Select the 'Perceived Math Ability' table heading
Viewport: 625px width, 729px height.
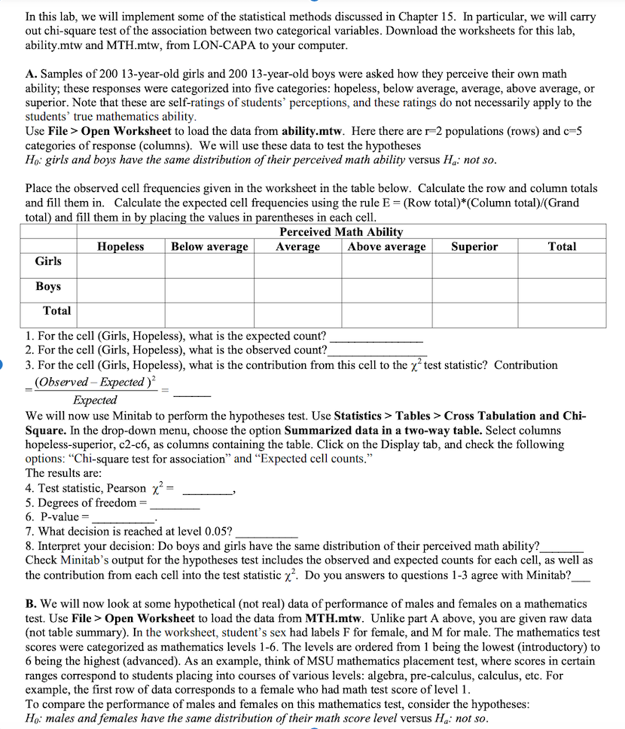coord(340,232)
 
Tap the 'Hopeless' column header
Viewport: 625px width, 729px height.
coord(120,247)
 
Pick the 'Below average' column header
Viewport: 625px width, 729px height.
coord(209,247)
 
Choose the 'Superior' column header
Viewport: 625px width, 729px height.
coord(474,247)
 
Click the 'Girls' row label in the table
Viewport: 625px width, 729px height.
coord(49,261)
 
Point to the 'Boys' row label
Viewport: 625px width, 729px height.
coord(48,287)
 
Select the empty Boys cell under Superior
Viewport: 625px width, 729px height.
coord(474,289)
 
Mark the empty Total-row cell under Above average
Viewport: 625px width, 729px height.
coord(387,314)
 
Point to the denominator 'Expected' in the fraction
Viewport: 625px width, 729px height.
coord(95,400)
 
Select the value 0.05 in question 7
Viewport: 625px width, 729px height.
coord(218,532)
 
